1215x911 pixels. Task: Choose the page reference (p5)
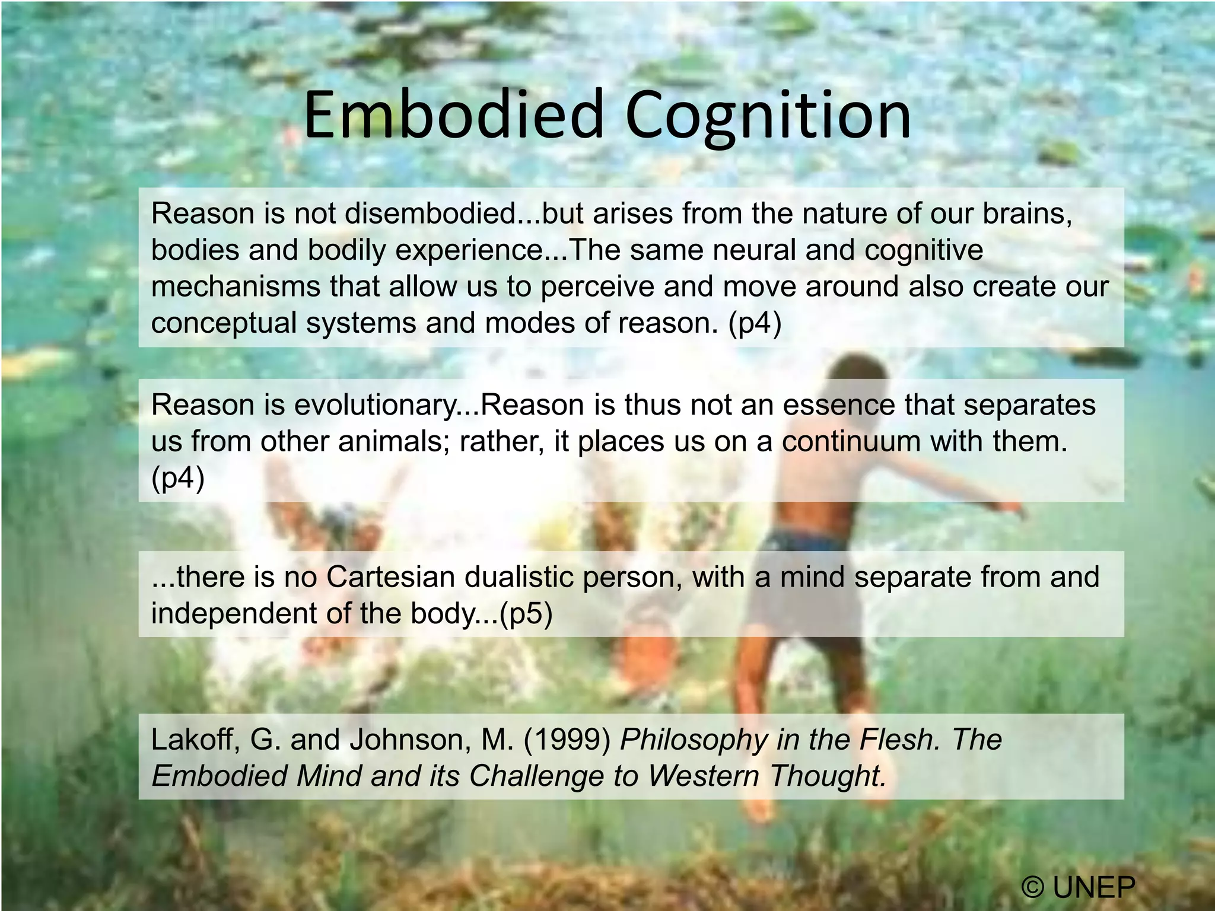526,614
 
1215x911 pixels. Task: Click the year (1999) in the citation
567,740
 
